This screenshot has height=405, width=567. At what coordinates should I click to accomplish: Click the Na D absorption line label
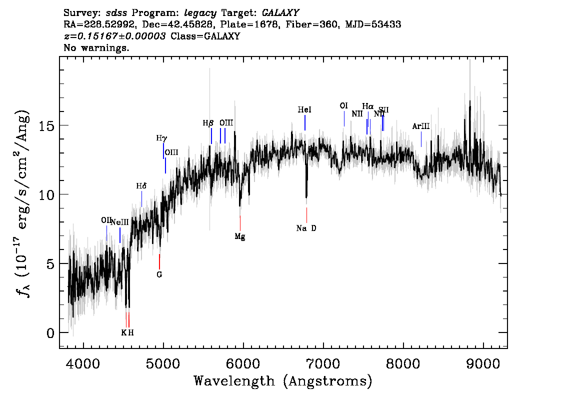(x=306, y=228)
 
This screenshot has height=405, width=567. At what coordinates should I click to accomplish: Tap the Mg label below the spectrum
(x=240, y=236)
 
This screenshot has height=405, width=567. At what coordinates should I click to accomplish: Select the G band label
(x=159, y=274)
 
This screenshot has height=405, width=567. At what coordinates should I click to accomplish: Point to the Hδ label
(x=141, y=186)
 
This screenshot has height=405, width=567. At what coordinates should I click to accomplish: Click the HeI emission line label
(x=304, y=109)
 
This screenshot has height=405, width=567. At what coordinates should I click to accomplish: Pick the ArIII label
(x=420, y=126)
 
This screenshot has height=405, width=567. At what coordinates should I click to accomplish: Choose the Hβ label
(x=208, y=122)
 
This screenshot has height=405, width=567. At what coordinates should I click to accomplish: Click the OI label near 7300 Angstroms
(x=343, y=106)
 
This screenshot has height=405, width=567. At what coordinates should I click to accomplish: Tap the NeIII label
(x=120, y=222)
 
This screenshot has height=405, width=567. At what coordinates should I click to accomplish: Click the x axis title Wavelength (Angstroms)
(x=283, y=381)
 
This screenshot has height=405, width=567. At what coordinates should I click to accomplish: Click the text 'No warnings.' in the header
(x=96, y=48)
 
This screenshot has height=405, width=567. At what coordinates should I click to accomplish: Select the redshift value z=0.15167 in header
(x=115, y=36)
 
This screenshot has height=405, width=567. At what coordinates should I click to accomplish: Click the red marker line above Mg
(x=240, y=222)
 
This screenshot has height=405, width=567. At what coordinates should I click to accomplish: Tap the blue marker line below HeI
(x=304, y=122)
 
